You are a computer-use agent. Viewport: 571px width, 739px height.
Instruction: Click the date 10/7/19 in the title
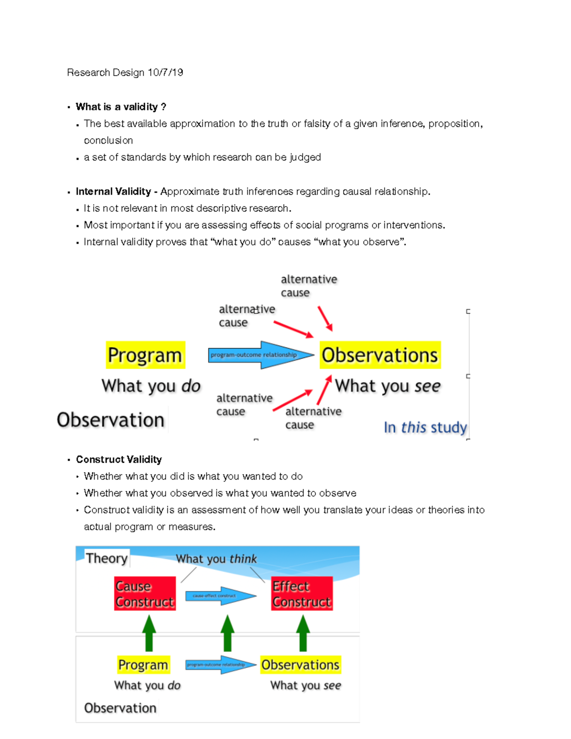(x=165, y=72)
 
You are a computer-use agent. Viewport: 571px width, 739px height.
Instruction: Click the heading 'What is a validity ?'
(x=121, y=107)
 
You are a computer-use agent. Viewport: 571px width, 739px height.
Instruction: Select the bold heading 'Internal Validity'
(x=113, y=191)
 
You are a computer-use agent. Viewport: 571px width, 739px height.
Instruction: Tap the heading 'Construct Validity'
(x=119, y=459)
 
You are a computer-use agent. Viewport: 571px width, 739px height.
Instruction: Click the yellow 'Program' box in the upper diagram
(x=145, y=355)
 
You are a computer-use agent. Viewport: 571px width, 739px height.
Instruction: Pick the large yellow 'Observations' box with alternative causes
(x=380, y=355)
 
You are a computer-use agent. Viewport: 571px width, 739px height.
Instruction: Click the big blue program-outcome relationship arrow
(x=261, y=355)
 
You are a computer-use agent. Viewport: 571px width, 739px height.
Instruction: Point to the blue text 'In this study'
(x=425, y=427)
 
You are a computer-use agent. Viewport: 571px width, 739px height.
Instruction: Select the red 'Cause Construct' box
(x=145, y=594)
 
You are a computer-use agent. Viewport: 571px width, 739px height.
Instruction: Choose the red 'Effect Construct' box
(x=302, y=594)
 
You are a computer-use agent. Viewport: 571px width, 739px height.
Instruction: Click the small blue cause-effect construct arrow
(x=221, y=595)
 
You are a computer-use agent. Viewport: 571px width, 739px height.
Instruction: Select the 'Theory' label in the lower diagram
(x=107, y=558)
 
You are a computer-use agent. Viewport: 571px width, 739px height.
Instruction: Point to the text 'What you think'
(x=216, y=559)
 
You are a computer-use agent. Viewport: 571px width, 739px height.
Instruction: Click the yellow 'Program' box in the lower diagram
(x=143, y=665)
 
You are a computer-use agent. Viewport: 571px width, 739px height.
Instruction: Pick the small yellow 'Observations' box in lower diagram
(x=300, y=665)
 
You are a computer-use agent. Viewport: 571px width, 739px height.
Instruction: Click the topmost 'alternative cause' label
(x=308, y=286)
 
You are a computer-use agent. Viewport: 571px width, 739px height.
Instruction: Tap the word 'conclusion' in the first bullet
(x=108, y=140)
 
